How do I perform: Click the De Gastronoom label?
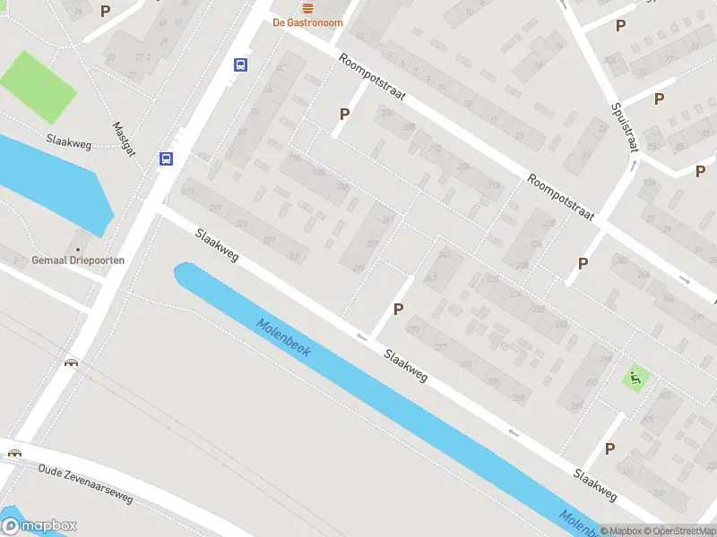307,22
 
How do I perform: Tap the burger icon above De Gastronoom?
307,7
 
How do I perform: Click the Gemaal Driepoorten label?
78,260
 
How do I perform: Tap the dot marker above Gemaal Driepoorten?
78,248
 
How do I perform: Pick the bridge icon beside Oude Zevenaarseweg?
14,452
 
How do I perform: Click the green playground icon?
636,379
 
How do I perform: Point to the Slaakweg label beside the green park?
69,140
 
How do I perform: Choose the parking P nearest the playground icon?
609,448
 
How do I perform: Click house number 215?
188,192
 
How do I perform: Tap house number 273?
413,329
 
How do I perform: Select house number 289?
517,398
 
